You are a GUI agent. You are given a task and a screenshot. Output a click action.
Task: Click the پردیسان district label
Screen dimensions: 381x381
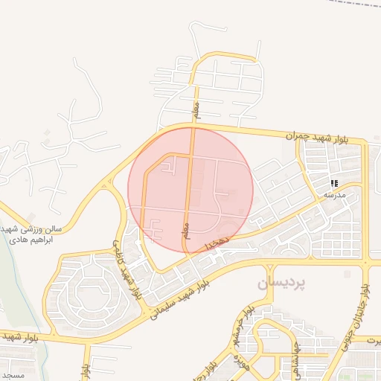282,284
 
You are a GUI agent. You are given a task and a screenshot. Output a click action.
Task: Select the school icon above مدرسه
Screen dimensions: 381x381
334,182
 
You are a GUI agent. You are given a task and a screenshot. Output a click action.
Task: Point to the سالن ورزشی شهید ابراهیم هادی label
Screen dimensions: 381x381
31,235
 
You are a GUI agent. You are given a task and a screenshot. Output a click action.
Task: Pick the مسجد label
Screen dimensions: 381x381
13,374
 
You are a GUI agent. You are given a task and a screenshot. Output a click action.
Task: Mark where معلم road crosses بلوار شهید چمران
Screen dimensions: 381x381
192,128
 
